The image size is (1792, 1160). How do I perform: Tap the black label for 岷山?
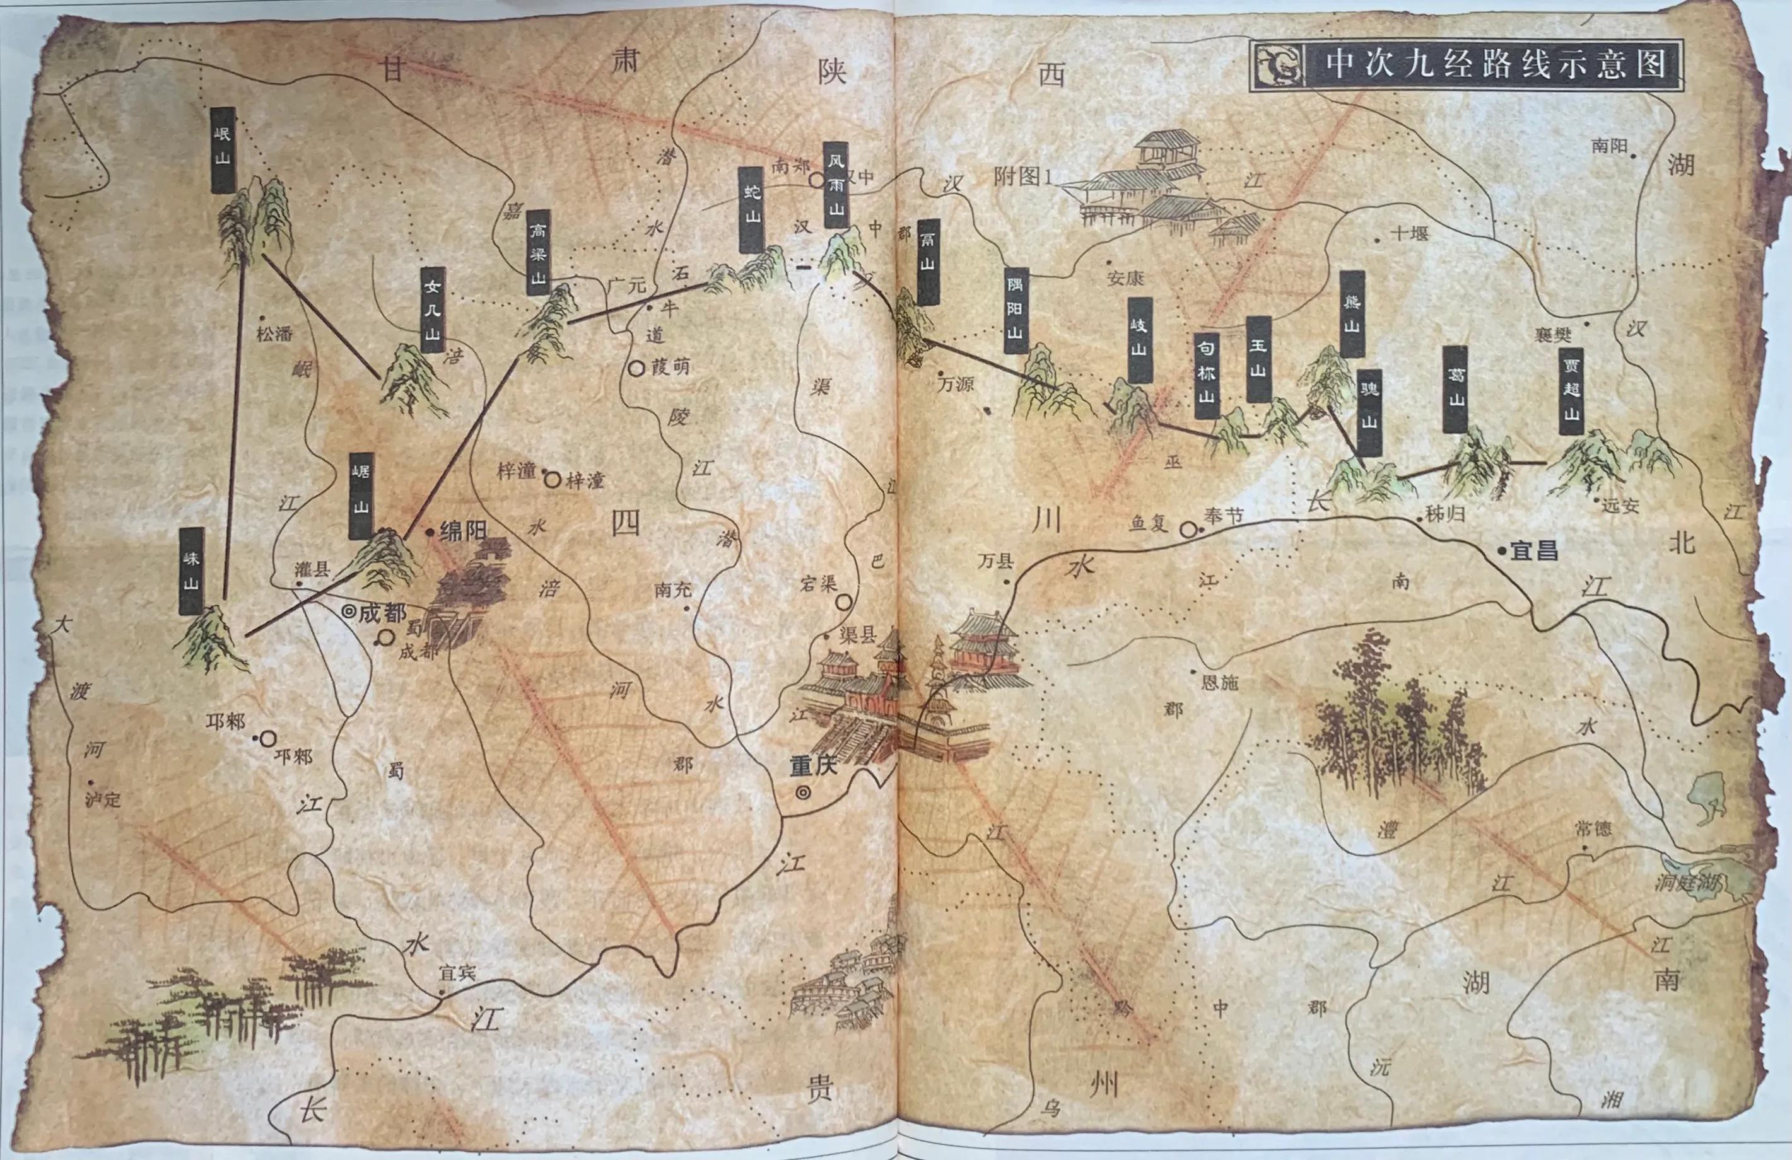click(x=223, y=150)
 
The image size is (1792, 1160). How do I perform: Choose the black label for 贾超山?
click(x=1571, y=391)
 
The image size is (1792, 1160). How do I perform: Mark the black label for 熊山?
click(x=1352, y=313)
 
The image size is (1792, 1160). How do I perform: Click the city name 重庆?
click(x=813, y=767)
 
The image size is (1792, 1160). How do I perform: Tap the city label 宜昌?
click(x=1534, y=550)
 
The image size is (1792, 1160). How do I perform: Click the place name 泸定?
click(x=102, y=799)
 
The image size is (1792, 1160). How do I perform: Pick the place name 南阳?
click(x=1609, y=145)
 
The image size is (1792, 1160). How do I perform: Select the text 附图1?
click(x=1021, y=177)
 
